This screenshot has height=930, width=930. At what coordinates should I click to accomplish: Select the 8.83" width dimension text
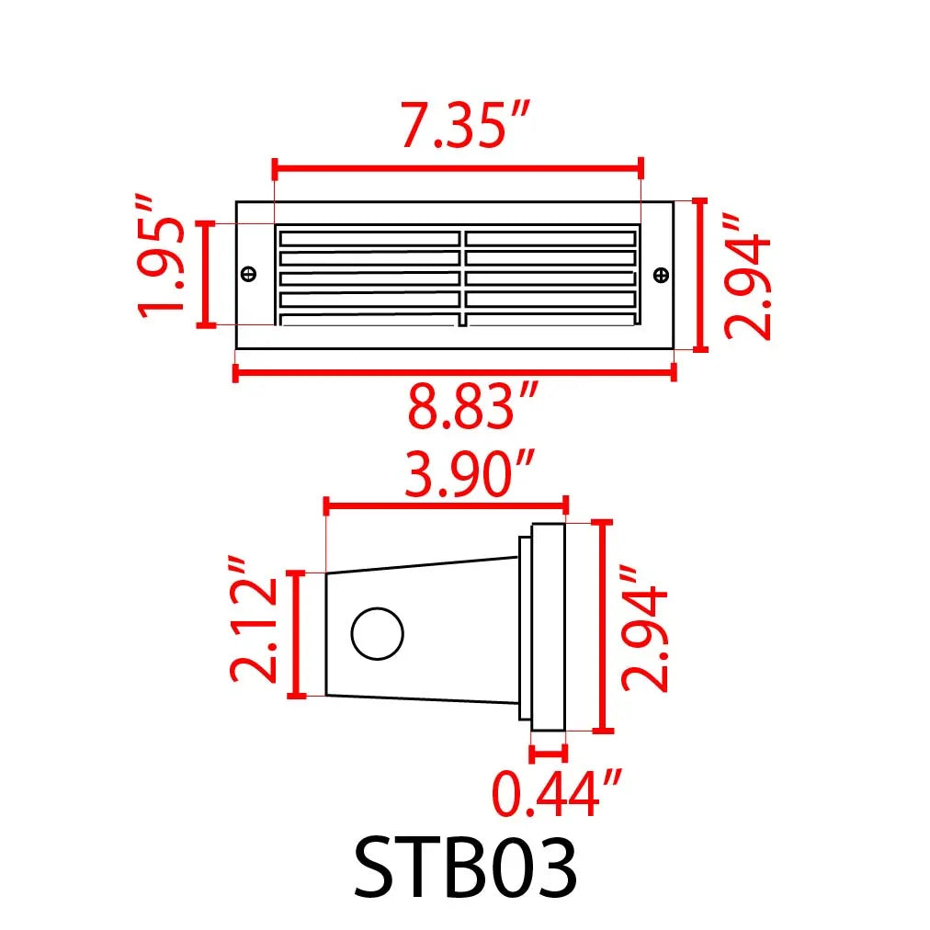[x=471, y=408]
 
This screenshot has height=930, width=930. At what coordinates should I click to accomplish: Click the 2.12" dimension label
[x=253, y=631]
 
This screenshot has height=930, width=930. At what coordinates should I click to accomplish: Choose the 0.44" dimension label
[x=558, y=794]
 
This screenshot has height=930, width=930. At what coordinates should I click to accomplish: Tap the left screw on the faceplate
[x=247, y=274]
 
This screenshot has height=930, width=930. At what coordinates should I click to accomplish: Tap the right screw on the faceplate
[x=660, y=274]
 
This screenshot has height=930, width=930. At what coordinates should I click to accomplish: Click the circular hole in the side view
[x=378, y=634]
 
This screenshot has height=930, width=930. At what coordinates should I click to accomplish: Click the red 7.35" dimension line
[x=457, y=168]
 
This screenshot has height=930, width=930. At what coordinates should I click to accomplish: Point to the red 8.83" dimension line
[x=455, y=371]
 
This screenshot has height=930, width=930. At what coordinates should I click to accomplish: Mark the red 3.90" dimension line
[x=447, y=505]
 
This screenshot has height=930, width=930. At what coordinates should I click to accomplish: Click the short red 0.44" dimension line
[x=548, y=754]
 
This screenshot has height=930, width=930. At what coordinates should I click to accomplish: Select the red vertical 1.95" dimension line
[x=207, y=274]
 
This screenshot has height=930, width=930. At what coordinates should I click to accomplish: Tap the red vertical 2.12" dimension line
[x=296, y=634]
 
